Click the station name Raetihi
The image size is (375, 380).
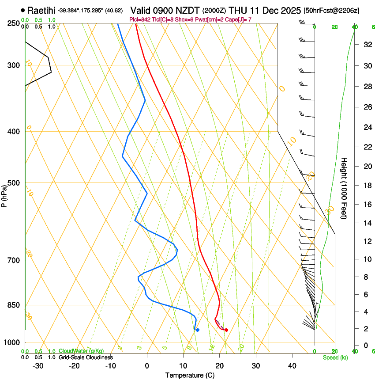[x=41, y=10]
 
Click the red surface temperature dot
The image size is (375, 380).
[x=226, y=330]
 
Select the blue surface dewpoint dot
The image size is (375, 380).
[x=198, y=330]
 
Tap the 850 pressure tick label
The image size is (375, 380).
[x=13, y=305]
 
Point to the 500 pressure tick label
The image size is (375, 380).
[x=13, y=183]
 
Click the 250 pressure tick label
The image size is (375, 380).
[x=13, y=23]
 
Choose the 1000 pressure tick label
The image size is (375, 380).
[x=11, y=342]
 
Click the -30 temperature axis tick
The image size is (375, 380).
[x=38, y=366]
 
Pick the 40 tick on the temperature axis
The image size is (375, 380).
[x=292, y=366]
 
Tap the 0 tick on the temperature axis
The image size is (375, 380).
[x=147, y=366]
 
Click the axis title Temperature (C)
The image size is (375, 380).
[x=190, y=375]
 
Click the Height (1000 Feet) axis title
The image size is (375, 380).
[x=345, y=188]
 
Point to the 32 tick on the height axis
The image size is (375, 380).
[x=367, y=44]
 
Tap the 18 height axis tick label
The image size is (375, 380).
[x=367, y=186]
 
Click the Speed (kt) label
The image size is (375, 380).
[x=335, y=357]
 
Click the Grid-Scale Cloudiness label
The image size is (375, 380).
[x=86, y=357]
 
